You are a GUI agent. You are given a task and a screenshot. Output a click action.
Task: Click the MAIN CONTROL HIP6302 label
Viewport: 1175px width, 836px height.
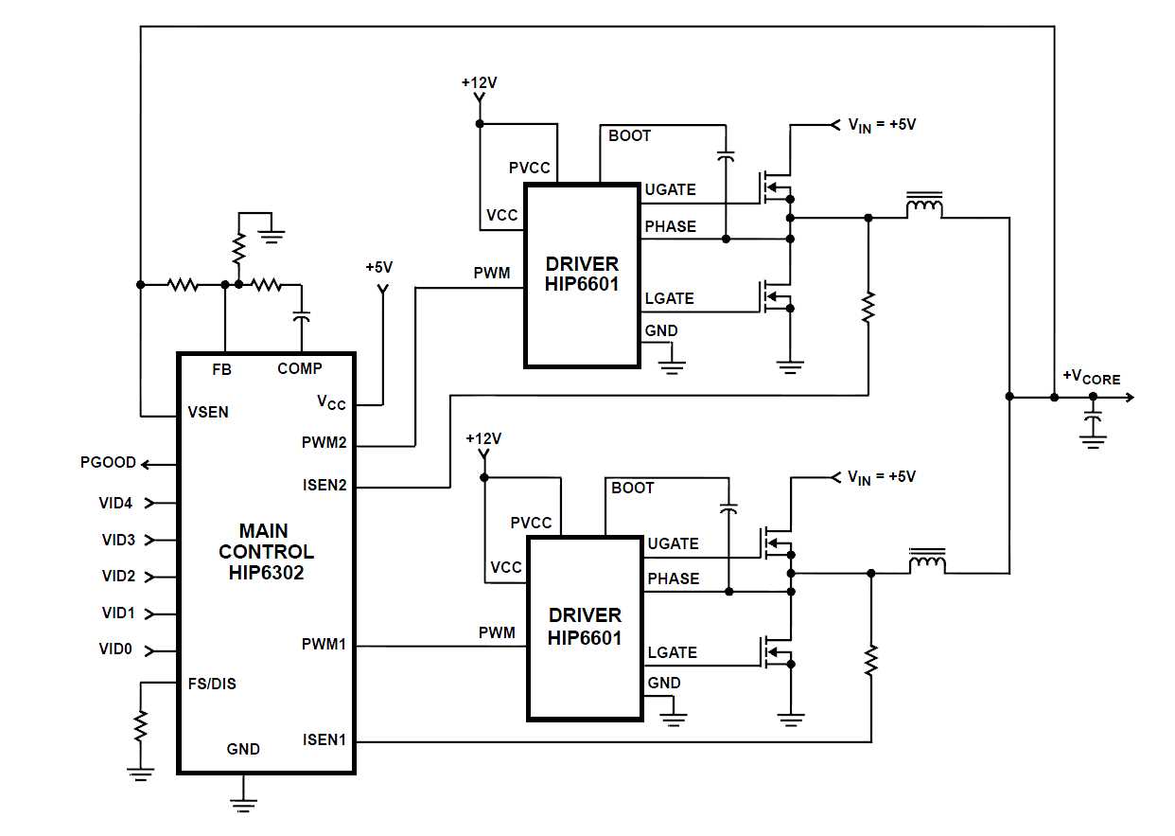[266, 551]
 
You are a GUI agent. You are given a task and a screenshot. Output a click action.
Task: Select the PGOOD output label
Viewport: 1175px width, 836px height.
[109, 463]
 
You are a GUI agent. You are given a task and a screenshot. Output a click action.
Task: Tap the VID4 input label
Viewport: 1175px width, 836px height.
[117, 503]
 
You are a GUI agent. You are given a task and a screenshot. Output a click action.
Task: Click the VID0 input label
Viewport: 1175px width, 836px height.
[117, 649]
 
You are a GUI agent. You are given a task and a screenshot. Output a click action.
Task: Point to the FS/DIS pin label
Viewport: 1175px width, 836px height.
[211, 684]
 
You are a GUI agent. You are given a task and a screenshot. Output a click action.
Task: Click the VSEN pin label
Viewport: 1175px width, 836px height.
[208, 412]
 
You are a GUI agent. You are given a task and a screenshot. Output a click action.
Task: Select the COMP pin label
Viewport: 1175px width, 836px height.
[299, 368]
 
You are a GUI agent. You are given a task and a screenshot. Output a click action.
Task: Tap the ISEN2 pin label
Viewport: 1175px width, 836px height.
[324, 486]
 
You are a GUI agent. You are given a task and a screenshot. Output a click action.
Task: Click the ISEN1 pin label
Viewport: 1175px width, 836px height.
[324, 739]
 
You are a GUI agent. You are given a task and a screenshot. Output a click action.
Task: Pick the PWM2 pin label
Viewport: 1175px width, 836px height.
[324, 442]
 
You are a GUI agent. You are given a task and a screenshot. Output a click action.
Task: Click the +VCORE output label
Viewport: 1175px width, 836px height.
[1091, 377]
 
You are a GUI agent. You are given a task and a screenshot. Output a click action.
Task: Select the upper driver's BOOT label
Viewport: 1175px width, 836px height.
[629, 135]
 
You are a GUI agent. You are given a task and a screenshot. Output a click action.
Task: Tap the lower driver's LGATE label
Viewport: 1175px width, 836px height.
[672, 652]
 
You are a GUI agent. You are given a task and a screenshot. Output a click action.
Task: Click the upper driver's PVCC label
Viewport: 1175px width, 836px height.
[529, 168]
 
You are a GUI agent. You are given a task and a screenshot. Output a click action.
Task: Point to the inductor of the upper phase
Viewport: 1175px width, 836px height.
[923, 207]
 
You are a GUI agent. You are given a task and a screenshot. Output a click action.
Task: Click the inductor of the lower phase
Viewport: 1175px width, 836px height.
[927, 561]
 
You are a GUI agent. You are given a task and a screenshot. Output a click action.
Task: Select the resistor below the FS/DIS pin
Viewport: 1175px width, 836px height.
[141, 726]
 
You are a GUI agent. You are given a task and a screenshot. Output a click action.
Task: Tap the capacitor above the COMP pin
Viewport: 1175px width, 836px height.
[302, 317]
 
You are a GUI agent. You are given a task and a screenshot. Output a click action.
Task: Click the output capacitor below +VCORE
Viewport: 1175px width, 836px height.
[1094, 418]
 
